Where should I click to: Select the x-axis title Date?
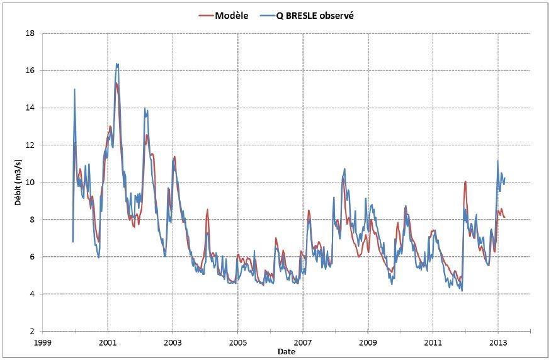pyautogui.click(x=287, y=352)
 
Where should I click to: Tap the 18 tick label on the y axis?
pyautogui.click(x=29, y=33)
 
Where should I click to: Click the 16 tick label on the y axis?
pyautogui.click(x=29, y=70)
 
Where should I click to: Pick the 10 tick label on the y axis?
pyautogui.click(x=29, y=183)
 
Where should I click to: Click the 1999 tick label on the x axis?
pyautogui.click(x=42, y=343)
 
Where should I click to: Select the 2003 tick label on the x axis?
pyautogui.click(x=173, y=343)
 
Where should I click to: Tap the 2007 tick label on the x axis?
pyautogui.click(x=303, y=343)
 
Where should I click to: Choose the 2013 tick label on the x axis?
pyautogui.click(x=497, y=343)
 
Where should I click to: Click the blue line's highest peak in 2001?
pyautogui.click(x=117, y=64)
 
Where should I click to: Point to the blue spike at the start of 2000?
pyautogui.click(x=74, y=89)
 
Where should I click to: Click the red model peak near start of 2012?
pyautogui.click(x=465, y=181)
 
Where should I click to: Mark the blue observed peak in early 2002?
pyautogui.click(x=145, y=109)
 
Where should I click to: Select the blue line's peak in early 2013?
pyautogui.click(x=497, y=160)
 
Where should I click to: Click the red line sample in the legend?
pyautogui.click(x=207, y=16)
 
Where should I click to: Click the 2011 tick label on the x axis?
pyautogui.click(x=433, y=343)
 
